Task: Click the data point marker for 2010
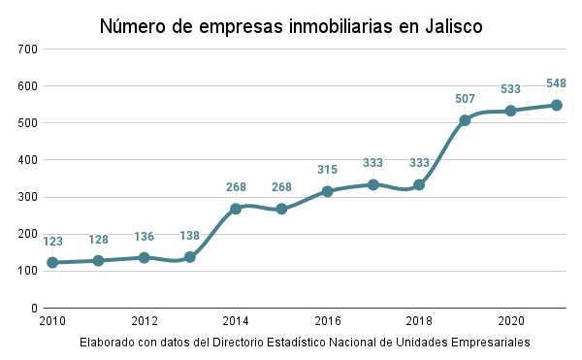(x=52, y=262)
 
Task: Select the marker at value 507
(x=465, y=120)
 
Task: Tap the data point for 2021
(x=557, y=105)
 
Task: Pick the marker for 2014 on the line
(x=236, y=209)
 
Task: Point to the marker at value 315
(x=328, y=191)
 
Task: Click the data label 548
(x=557, y=82)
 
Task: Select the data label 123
(x=52, y=240)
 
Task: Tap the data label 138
(x=190, y=235)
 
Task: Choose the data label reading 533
(x=511, y=89)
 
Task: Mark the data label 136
(x=145, y=236)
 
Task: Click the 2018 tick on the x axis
(x=419, y=321)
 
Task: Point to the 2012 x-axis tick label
(x=145, y=321)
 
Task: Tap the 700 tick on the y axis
(x=27, y=49)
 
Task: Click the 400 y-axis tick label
(x=27, y=160)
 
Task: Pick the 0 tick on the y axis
(x=34, y=308)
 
